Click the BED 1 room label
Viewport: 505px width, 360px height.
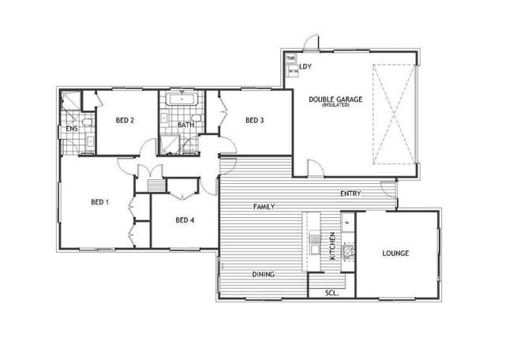tap(99, 203)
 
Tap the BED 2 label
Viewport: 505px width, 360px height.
tap(125, 121)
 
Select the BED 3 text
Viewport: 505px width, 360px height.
tap(254, 121)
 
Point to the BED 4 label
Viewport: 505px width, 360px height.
tap(185, 220)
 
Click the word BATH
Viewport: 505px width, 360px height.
tap(185, 126)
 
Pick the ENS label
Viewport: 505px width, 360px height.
tap(71, 127)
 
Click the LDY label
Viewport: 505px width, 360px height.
tap(305, 66)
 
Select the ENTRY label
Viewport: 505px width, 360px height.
tap(351, 193)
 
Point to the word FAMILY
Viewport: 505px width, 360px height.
tap(264, 206)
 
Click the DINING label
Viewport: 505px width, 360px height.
tap(264, 275)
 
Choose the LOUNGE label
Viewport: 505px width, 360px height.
tap(395, 253)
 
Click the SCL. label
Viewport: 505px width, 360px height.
tap(332, 293)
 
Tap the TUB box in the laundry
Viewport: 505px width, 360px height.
tap(290, 58)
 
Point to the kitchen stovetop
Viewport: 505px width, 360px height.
tap(348, 252)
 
